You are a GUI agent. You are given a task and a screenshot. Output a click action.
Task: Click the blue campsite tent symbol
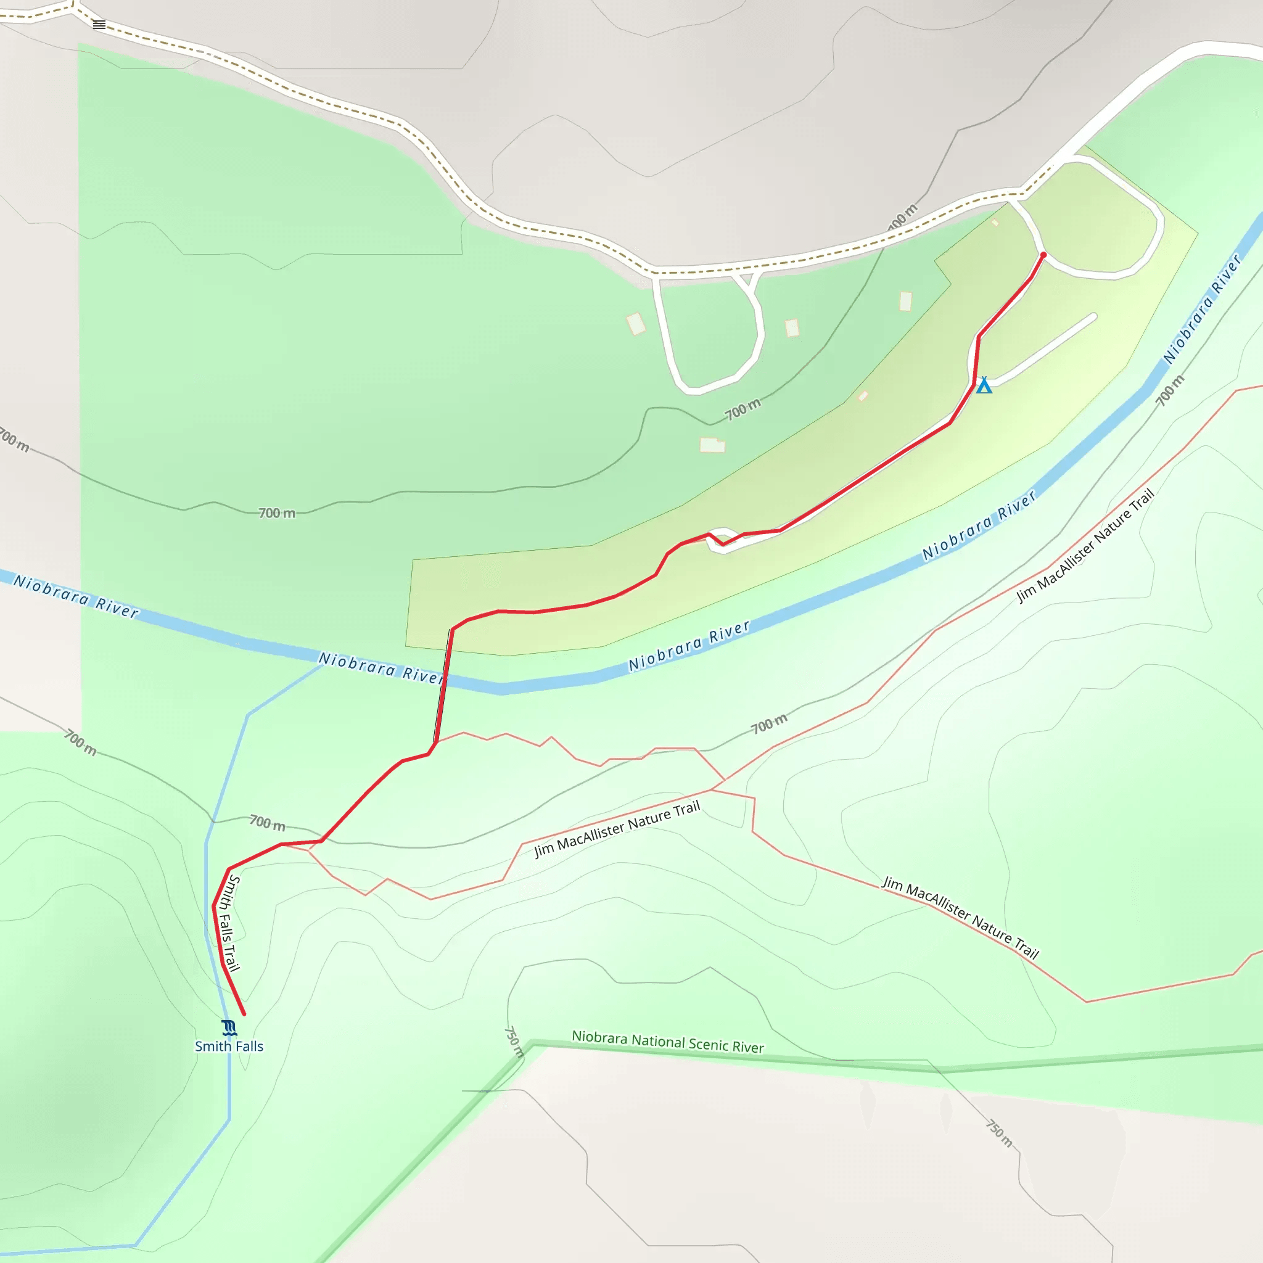(984, 385)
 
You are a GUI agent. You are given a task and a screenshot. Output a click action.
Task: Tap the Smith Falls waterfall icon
(229, 1028)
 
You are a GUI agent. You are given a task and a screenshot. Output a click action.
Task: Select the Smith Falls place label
(229, 1047)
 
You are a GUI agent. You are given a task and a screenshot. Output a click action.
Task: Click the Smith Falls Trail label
(231, 923)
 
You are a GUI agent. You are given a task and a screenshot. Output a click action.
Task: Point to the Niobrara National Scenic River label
(667, 1042)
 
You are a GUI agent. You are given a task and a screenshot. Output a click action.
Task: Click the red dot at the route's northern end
(1043, 255)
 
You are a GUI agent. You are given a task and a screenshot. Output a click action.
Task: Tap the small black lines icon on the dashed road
(99, 25)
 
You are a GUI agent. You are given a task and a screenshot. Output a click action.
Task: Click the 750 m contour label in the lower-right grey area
(999, 1133)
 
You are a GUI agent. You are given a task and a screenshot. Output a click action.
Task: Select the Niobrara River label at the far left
(76, 596)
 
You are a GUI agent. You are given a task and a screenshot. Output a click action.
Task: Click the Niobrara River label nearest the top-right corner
(1202, 308)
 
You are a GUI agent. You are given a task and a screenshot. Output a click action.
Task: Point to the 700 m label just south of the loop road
(743, 409)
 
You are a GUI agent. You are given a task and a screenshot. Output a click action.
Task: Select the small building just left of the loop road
(636, 324)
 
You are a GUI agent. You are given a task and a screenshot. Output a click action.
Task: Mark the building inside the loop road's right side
(792, 327)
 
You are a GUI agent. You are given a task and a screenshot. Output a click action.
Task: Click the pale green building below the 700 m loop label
(712, 445)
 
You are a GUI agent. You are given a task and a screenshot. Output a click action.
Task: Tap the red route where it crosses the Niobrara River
(443, 680)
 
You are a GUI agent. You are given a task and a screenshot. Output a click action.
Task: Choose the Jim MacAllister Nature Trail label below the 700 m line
(617, 828)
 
